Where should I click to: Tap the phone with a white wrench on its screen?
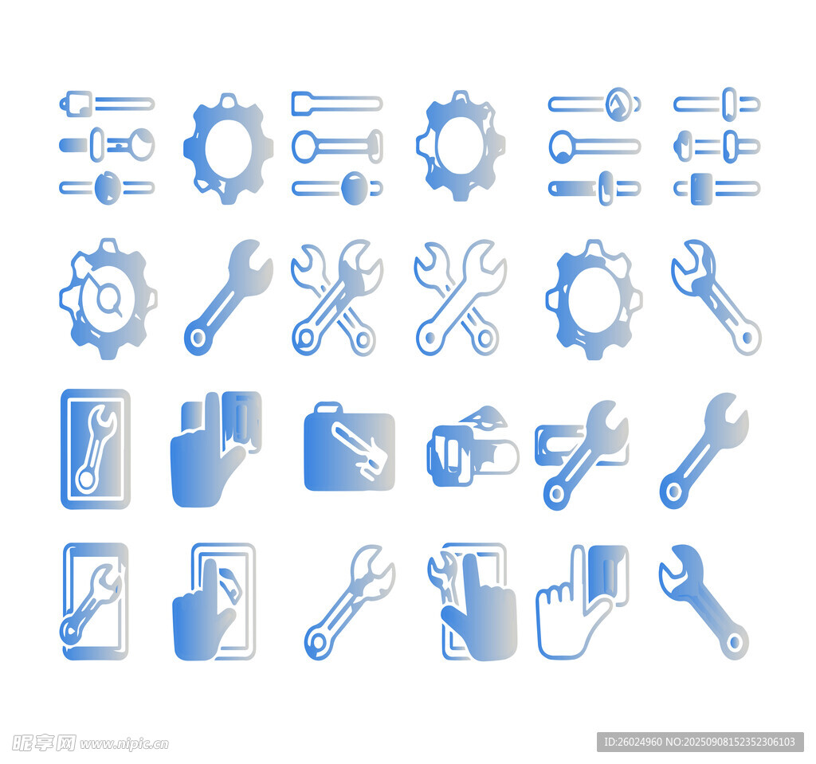(96, 449)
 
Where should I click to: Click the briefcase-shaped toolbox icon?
(349, 447)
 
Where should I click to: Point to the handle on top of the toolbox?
(328, 406)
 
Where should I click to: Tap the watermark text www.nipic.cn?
(124, 744)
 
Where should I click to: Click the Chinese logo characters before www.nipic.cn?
(44, 743)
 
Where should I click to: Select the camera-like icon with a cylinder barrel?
(473, 448)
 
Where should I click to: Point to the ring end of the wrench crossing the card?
(556, 493)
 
